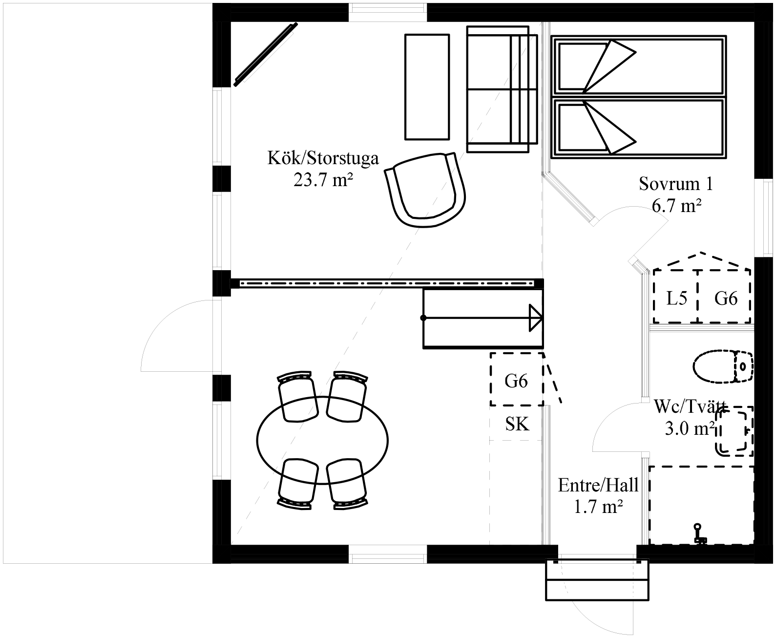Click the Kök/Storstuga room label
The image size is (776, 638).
coord(323,158)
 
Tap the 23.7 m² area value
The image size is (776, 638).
coord(323,180)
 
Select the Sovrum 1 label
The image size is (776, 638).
coord(676,184)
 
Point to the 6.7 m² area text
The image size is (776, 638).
coord(676,206)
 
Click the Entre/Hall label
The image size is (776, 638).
coord(598,485)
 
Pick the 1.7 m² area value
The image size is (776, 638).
coord(598,507)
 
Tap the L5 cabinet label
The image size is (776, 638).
coord(677,298)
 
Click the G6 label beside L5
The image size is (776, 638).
coord(726,298)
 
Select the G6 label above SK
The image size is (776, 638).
coord(516,381)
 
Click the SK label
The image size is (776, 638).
coord(517,424)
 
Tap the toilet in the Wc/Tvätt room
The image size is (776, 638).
coord(723,366)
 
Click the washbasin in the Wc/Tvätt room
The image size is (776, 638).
coord(734,431)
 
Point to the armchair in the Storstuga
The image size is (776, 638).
coord(425,190)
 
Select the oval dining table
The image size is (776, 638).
coord(322,440)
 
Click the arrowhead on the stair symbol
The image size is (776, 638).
coord(536,318)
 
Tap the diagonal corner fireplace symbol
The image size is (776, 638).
coord(266,55)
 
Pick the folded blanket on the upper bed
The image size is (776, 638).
coord(609,66)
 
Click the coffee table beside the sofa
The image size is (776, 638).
coord(427,87)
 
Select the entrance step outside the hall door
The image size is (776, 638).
coord(596,580)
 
